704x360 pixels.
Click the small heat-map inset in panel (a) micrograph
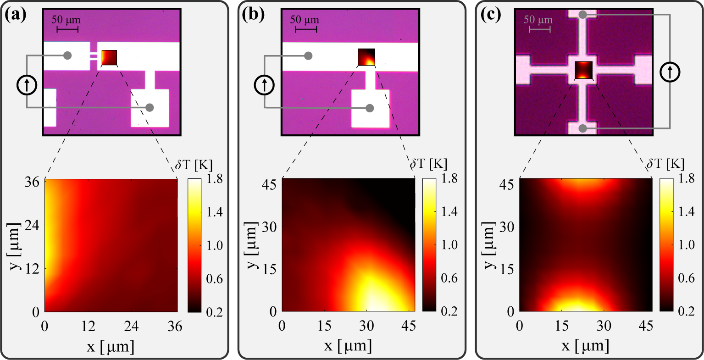109,58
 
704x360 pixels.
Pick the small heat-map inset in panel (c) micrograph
583,70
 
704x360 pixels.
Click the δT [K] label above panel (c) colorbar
665,163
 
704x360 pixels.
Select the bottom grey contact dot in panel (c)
582,128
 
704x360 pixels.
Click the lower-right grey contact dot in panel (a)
149,107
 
